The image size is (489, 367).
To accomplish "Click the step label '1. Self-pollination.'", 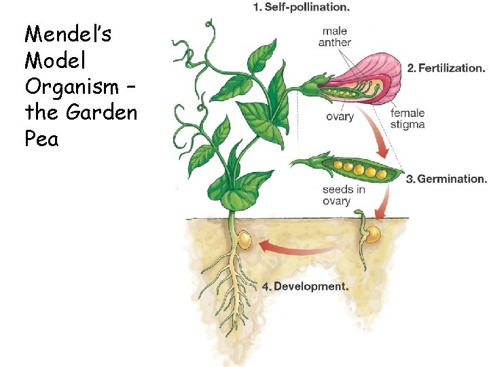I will [x=301, y=8].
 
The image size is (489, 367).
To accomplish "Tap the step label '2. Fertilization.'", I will [x=446, y=68].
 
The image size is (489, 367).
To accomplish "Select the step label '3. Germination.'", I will [x=446, y=179].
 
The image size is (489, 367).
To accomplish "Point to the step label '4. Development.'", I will [x=305, y=286].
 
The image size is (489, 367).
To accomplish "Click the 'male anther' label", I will [x=335, y=37].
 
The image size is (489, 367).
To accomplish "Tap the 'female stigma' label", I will [x=407, y=119].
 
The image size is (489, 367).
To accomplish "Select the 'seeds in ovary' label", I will [x=343, y=194].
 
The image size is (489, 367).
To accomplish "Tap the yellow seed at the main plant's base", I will [x=244, y=240].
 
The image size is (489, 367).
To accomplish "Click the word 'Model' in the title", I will [x=54, y=61].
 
